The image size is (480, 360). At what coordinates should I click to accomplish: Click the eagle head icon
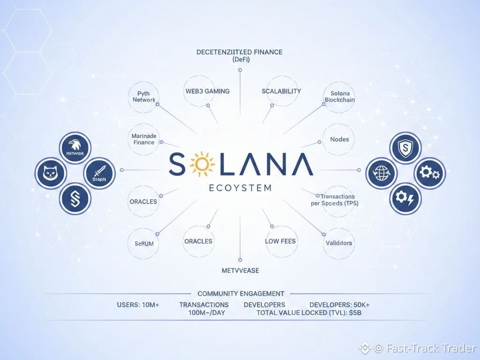75,148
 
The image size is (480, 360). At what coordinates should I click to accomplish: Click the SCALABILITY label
281,91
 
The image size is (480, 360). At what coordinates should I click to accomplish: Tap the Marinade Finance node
143,139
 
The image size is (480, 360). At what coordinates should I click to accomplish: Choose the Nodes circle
343,139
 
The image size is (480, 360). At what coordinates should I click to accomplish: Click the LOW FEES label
281,241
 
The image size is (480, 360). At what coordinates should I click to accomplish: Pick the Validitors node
338,243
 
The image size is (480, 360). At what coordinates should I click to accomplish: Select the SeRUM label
144,243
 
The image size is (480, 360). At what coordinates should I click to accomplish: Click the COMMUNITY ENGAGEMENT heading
241,293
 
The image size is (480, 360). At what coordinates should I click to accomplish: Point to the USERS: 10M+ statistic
138,305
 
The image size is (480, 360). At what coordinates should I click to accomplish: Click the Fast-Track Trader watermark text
431,348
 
